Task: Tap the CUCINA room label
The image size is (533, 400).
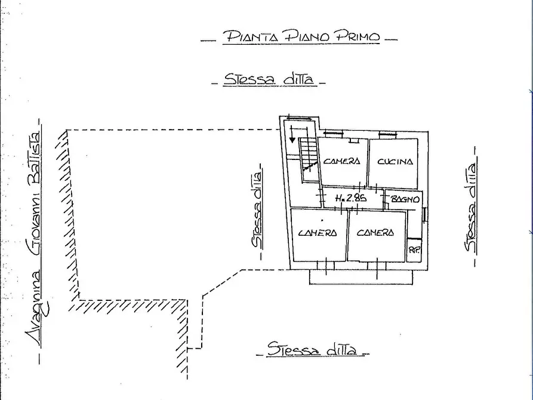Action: tap(394, 161)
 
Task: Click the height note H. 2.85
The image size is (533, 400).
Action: tap(350, 199)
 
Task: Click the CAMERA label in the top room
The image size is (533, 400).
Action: tap(342, 161)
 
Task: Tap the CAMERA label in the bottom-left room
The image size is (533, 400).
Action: tap(318, 233)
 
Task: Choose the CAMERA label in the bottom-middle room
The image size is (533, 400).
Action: tap(375, 233)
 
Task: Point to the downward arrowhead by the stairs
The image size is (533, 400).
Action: tap(292, 139)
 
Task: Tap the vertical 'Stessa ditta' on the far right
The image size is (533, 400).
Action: tap(472, 206)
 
